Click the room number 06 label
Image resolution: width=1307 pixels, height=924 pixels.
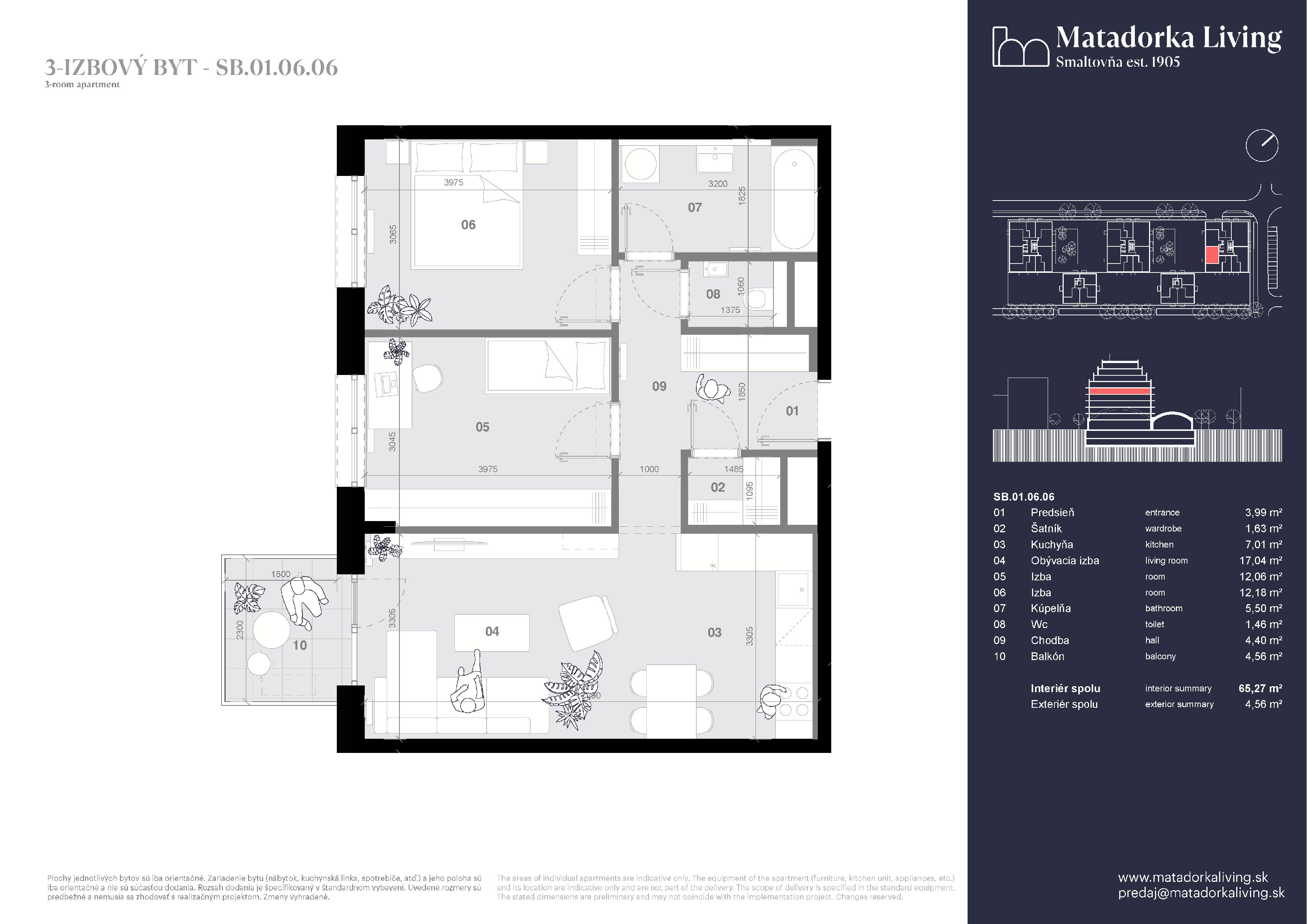(468, 225)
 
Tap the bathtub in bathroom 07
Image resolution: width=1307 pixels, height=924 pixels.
(794, 199)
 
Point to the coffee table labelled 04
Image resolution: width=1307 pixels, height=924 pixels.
(492, 632)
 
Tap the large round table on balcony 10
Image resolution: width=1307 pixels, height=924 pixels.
(272, 630)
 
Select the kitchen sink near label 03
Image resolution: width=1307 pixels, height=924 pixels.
(793, 590)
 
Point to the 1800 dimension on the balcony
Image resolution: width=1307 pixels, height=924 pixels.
(280, 574)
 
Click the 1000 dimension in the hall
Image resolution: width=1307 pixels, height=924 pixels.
(649, 469)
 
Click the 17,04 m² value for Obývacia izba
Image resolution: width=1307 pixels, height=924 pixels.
(1260, 560)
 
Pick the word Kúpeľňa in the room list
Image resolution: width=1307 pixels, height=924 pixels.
(1050, 608)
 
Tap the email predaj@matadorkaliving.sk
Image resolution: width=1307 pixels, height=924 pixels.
(1201, 893)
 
